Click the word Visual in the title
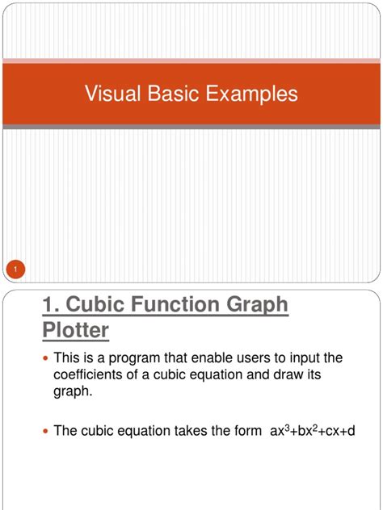tap(112, 94)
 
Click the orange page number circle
tap(15, 268)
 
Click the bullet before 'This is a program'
tap(45, 357)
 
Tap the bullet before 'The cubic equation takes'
tap(45, 432)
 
